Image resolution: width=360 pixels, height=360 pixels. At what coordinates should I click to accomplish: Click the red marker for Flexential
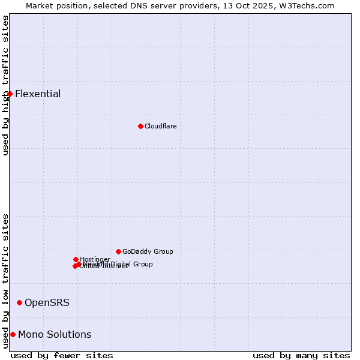pos(10,94)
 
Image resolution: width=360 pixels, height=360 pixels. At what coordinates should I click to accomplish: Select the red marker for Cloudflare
pos(140,126)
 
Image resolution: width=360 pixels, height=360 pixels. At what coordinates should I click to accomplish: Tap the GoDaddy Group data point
pos(118,251)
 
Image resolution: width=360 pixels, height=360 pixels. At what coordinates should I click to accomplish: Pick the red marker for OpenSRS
pos(19,302)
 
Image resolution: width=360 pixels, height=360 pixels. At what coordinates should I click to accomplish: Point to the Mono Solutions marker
pos(13,334)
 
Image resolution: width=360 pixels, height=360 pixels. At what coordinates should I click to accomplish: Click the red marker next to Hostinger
pos(76,259)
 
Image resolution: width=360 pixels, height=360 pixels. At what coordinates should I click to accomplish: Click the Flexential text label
pos(38,94)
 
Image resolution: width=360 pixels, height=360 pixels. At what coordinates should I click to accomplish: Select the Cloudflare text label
pos(160,126)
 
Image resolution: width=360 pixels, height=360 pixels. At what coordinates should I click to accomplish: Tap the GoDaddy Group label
pos(148,251)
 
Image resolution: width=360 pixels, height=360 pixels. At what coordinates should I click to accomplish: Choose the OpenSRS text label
pos(47,302)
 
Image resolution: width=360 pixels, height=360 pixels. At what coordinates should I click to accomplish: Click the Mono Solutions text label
pos(55,334)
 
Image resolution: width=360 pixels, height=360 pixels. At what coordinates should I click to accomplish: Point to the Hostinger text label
pos(95,259)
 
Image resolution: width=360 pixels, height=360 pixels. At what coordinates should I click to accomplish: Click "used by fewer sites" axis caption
pos(62,355)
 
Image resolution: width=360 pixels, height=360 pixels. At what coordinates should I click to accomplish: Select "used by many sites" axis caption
pos(301,355)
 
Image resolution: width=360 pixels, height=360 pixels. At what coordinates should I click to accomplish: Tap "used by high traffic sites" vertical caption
pos(5,85)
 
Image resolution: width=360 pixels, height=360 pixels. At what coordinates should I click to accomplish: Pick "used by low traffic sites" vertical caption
pos(5,281)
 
